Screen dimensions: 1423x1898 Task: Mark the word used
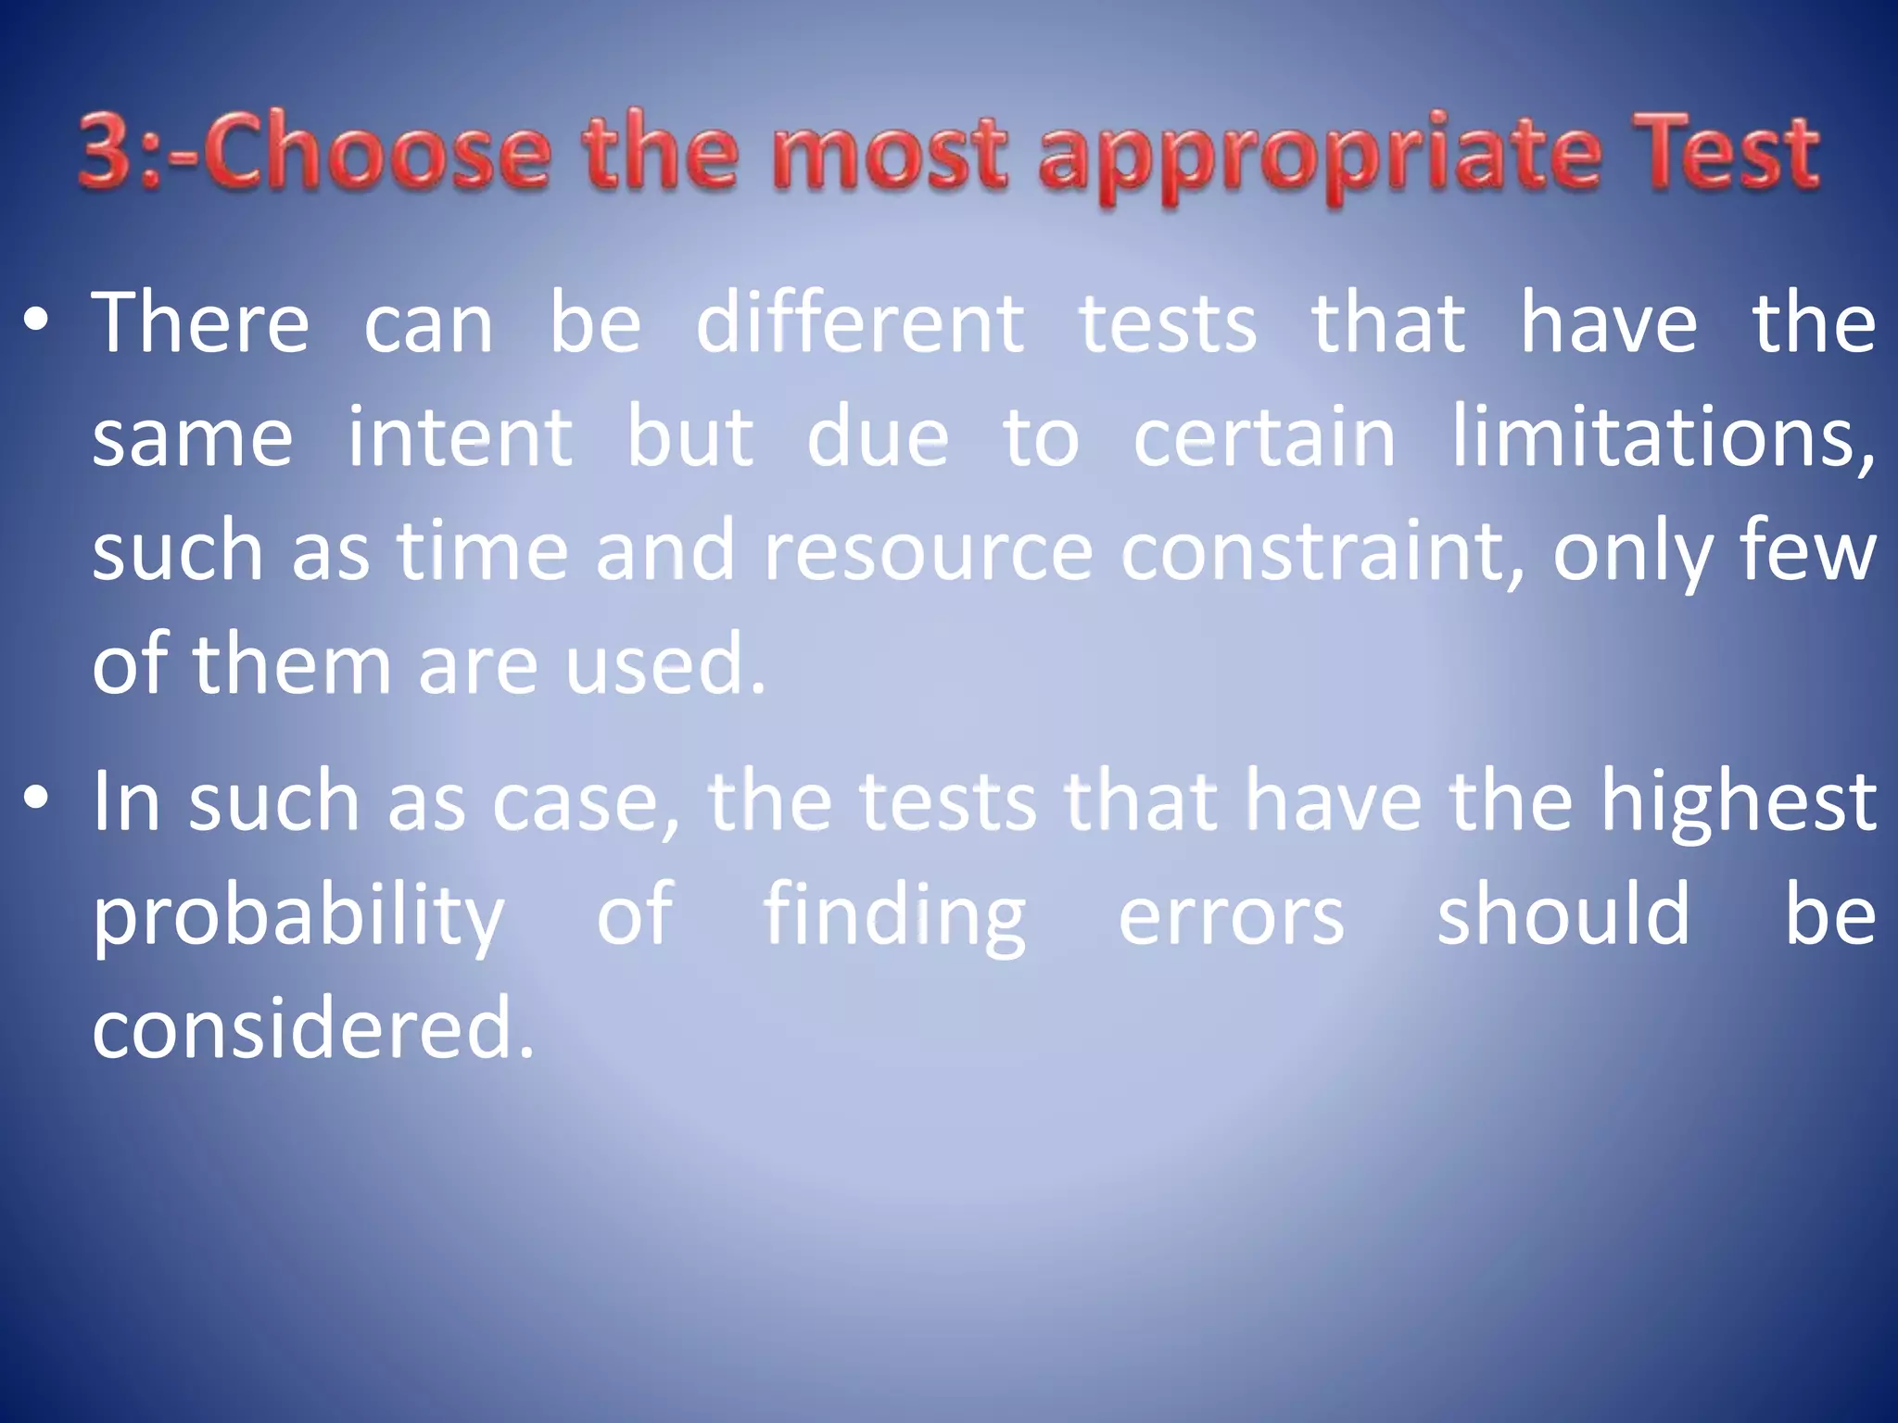tap(665, 664)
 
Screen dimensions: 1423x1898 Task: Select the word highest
tap(1739, 802)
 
